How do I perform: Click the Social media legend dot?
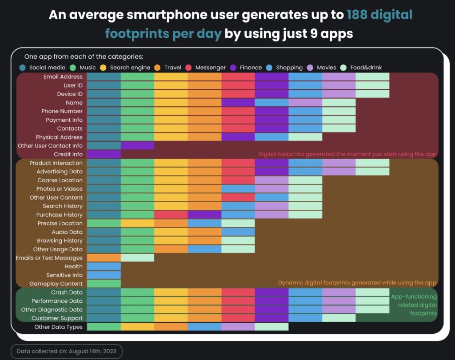(x=23, y=68)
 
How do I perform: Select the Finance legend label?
(x=251, y=68)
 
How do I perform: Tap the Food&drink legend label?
(x=366, y=68)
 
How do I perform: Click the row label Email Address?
(x=63, y=77)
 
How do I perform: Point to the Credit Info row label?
(x=68, y=154)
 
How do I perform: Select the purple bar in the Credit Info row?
(x=104, y=154)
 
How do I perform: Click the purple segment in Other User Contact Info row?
(x=137, y=146)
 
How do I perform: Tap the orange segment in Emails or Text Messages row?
(x=104, y=258)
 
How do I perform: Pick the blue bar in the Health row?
(x=104, y=266)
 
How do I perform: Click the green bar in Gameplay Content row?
(x=104, y=284)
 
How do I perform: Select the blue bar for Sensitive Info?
(x=104, y=275)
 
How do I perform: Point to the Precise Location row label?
(x=60, y=223)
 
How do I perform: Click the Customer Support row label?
(x=57, y=318)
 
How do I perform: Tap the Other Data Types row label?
(x=58, y=327)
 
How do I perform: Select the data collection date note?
(x=66, y=351)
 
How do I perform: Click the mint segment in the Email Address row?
(x=372, y=77)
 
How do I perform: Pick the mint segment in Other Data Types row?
(x=271, y=327)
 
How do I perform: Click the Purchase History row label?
(x=59, y=215)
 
